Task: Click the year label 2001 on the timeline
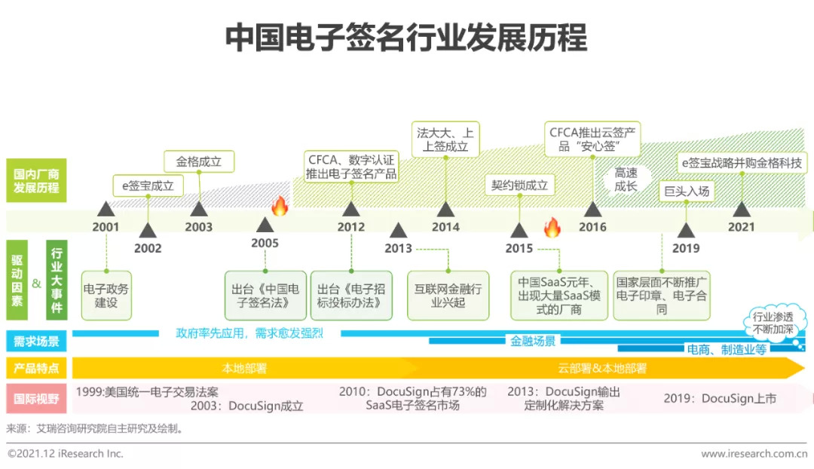pos(106,227)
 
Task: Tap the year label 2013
pos(398,248)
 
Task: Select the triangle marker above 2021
pos(741,209)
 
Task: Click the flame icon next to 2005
pos(280,206)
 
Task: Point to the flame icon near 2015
pos(552,227)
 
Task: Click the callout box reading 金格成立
pos(199,161)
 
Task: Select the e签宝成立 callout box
pos(148,185)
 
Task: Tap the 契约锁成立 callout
pos(519,185)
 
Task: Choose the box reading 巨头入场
pos(686,192)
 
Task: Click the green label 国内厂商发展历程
pos(36,181)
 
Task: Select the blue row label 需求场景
pos(36,342)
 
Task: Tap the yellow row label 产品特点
pos(36,369)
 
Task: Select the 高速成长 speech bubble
pos(626,180)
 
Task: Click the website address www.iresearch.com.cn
pos(754,454)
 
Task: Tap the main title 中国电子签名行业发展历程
pos(406,38)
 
